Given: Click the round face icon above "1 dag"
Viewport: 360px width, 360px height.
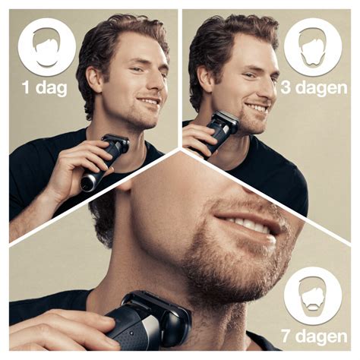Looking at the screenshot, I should point(46,46).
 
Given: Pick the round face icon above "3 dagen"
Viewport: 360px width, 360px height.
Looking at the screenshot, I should point(312,48).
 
